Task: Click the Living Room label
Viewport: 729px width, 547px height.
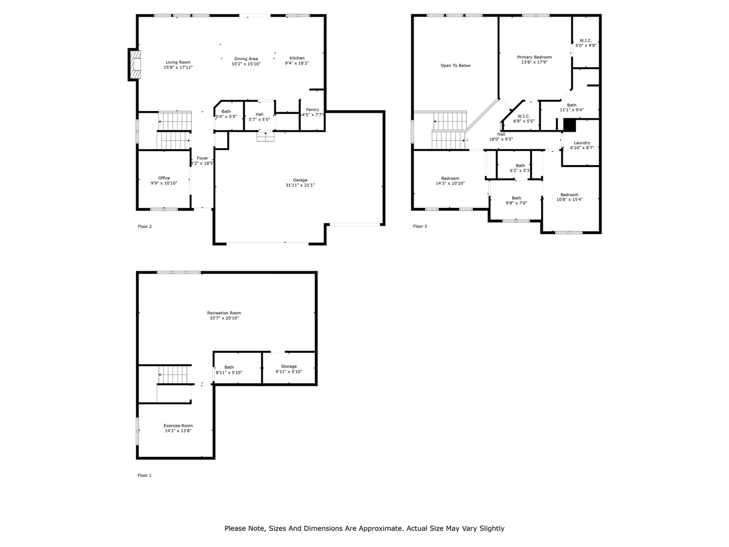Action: pyautogui.click(x=178, y=62)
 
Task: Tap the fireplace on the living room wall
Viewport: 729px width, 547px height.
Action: pyautogui.click(x=134, y=65)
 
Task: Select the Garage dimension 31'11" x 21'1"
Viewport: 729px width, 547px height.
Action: pyautogui.click(x=300, y=185)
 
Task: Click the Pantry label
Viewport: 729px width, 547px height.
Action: pyautogui.click(x=312, y=109)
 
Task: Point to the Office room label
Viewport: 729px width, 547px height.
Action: pyautogui.click(x=164, y=178)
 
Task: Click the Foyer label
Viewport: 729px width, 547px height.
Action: pyautogui.click(x=203, y=158)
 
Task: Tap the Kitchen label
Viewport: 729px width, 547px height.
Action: pyautogui.click(x=297, y=58)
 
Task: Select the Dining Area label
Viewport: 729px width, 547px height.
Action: pyautogui.click(x=246, y=59)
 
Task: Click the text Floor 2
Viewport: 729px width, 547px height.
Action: pyautogui.click(x=145, y=227)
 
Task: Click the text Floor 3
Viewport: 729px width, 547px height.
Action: pyautogui.click(x=420, y=227)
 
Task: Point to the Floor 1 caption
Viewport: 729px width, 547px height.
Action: pyautogui.click(x=145, y=475)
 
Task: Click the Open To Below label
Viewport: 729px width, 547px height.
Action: pyautogui.click(x=456, y=66)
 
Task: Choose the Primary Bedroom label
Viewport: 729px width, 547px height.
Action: pyautogui.click(x=534, y=57)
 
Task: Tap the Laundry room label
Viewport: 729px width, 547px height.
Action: pyautogui.click(x=582, y=142)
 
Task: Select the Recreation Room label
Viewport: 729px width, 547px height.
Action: pyautogui.click(x=224, y=313)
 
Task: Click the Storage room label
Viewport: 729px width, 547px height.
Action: pyautogui.click(x=289, y=366)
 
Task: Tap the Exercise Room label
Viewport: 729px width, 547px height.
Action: pyautogui.click(x=178, y=426)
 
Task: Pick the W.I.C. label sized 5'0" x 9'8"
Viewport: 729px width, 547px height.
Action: pyautogui.click(x=585, y=40)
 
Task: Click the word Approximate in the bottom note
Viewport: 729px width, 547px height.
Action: pyautogui.click(x=378, y=528)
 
